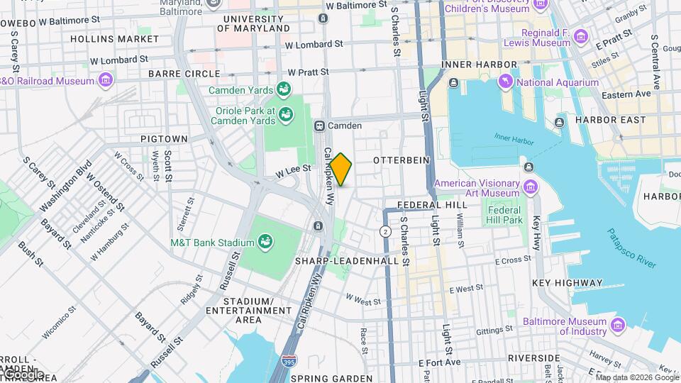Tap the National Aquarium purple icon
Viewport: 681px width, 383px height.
point(506,82)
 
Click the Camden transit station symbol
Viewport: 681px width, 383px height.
point(320,126)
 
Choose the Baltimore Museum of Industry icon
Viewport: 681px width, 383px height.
point(617,326)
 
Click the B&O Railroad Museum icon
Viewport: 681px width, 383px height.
point(106,81)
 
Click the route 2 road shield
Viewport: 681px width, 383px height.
point(385,231)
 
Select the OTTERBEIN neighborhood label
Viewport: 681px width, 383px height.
point(402,160)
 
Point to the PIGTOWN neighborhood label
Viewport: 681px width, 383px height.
point(164,138)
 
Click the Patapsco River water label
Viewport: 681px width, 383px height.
point(631,248)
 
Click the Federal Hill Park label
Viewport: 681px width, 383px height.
point(504,215)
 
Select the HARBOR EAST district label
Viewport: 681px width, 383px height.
point(607,119)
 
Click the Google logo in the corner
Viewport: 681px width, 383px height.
point(23,374)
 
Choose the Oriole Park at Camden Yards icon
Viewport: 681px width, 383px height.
point(285,114)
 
